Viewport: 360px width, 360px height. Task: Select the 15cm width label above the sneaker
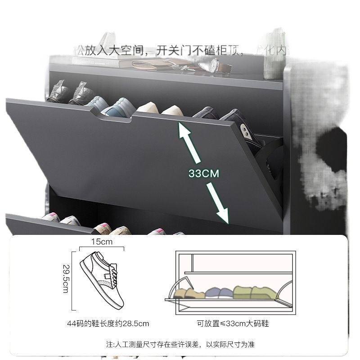pos(101,242)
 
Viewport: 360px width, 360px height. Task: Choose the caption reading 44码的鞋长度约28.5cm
pos(108,323)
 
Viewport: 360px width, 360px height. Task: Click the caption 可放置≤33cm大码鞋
pos(233,323)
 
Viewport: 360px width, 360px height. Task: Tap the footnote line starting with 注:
pos(180,345)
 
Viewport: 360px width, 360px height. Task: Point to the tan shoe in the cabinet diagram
pos(187,293)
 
